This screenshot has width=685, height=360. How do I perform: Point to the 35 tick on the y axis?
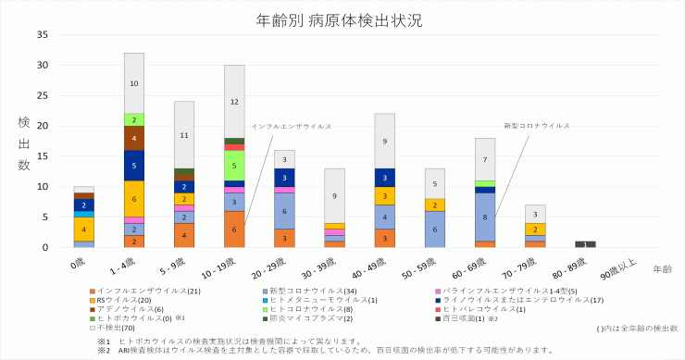42,35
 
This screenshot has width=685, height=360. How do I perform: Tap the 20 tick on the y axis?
42,126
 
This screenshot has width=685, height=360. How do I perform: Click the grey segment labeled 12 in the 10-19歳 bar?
234,102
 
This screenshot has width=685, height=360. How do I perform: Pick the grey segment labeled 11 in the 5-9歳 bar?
184,135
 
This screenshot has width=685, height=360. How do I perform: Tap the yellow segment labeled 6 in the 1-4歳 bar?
134,199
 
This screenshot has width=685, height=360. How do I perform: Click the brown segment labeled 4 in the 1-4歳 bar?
134,138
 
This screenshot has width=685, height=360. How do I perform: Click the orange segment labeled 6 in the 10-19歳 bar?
234,230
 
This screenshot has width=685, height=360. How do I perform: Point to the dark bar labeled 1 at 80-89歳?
585,244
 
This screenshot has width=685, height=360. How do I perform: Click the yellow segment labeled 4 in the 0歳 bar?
84,230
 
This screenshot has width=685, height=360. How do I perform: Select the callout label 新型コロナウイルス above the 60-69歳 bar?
536,125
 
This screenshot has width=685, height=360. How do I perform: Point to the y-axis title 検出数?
23,141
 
